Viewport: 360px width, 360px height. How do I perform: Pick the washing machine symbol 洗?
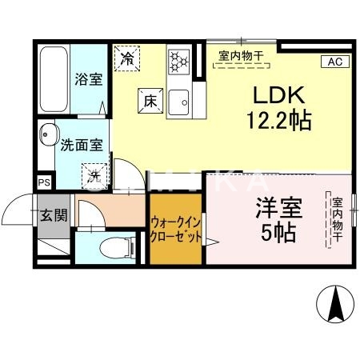click(94, 172)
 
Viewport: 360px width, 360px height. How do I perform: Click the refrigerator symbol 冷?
click(128, 58)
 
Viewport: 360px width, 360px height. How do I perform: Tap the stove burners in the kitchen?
click(178, 61)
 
